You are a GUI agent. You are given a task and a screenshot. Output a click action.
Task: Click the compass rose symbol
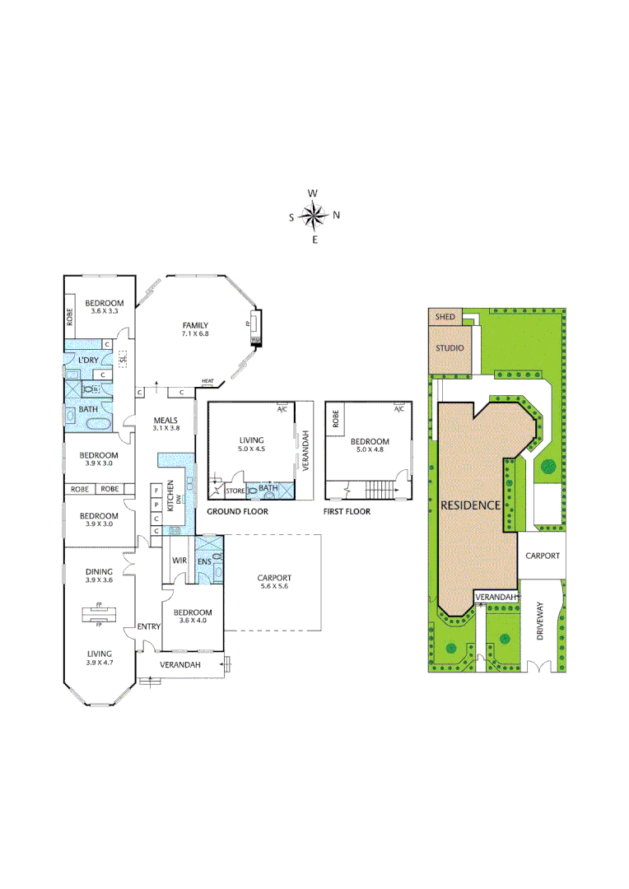[314, 216]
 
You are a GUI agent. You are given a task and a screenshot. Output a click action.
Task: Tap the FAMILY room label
[195, 325]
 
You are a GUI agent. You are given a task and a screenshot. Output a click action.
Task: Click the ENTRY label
[149, 626]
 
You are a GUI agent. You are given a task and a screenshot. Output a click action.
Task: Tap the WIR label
[179, 561]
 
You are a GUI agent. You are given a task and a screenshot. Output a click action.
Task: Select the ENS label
[203, 561]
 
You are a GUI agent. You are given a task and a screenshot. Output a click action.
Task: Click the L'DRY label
[88, 361]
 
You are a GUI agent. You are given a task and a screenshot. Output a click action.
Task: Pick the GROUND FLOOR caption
[237, 511]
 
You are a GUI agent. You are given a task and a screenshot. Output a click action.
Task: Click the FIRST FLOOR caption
[347, 511]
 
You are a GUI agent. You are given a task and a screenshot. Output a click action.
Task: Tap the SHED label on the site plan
[445, 317]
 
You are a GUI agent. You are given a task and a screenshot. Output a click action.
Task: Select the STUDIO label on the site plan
[450, 348]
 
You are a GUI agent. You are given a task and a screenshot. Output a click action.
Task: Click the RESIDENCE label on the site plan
[471, 505]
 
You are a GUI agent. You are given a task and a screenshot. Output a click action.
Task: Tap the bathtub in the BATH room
[97, 425]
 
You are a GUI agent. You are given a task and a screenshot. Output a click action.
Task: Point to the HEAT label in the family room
[207, 380]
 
